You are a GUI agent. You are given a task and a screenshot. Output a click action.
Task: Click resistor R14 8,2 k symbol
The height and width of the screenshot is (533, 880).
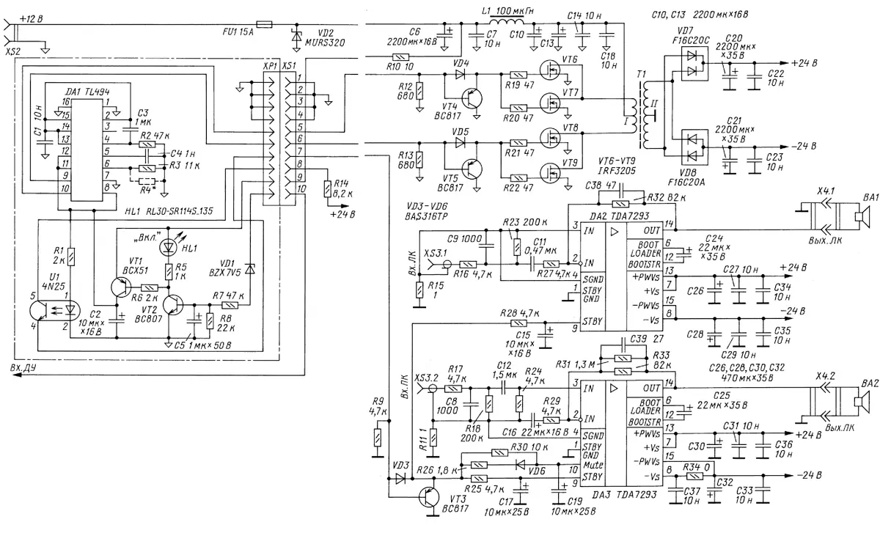(327, 188)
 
